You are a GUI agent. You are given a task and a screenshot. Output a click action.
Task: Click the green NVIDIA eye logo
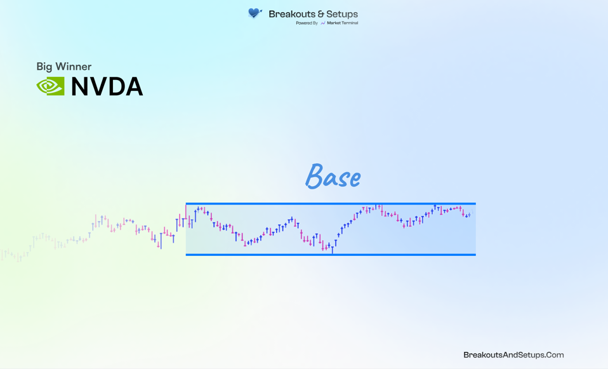(x=50, y=86)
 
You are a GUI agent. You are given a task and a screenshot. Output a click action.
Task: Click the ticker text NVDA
(x=107, y=86)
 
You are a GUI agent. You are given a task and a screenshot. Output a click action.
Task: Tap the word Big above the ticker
(x=44, y=67)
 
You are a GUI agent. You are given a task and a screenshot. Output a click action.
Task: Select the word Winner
(x=73, y=66)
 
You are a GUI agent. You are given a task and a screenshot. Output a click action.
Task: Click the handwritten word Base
(x=333, y=177)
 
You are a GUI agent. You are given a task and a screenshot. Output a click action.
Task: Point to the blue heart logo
(x=254, y=13)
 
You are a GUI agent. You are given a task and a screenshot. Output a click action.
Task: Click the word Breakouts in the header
(x=292, y=14)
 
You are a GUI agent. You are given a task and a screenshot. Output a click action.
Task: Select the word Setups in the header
(x=342, y=15)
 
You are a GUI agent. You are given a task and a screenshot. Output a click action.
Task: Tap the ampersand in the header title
(x=321, y=15)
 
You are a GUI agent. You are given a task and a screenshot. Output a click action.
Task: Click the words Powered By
(x=307, y=23)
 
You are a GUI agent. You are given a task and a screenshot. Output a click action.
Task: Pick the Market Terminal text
(x=342, y=23)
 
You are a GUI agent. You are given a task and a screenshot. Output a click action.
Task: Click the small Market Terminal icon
(x=323, y=23)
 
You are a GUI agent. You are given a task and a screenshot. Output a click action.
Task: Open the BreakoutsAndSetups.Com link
(x=513, y=354)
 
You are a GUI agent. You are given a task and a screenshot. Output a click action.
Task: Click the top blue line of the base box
(x=331, y=204)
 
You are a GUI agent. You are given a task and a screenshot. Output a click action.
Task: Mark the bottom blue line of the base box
(x=331, y=255)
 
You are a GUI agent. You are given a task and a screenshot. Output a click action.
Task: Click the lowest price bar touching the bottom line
(x=333, y=250)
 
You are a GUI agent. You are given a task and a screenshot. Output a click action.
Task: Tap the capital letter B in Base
(x=314, y=176)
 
